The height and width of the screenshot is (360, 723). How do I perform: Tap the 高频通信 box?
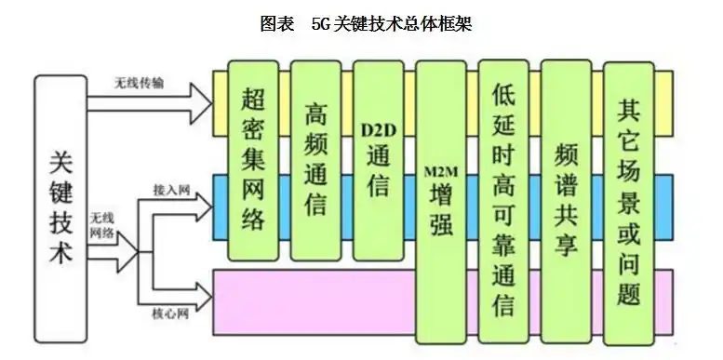315,158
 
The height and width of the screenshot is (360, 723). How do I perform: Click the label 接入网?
172,191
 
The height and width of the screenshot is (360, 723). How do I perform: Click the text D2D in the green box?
377,127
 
